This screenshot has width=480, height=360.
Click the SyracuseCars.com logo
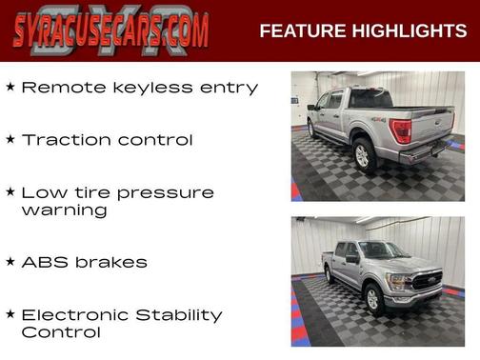coord(110,30)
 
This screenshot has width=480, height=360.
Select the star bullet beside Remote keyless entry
coord(10,87)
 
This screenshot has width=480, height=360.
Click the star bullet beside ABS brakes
coord(10,260)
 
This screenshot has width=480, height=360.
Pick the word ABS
coord(44,262)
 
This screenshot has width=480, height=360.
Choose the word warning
coord(64,210)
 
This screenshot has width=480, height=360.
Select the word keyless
coord(145,88)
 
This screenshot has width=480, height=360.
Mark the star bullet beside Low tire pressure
coord(10,191)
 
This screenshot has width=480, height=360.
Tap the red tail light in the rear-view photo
coord(402,130)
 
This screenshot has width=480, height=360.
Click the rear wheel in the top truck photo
coord(363,155)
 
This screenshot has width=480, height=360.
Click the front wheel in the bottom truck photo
coord(375,298)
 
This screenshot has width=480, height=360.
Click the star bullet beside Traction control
coord(10,139)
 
